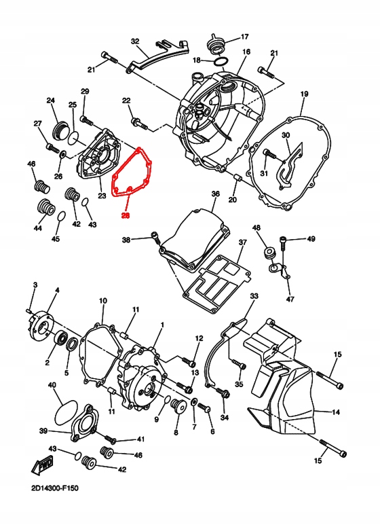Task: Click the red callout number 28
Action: (x=126, y=216)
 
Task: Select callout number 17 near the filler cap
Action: (x=245, y=37)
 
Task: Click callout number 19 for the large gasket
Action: (x=304, y=94)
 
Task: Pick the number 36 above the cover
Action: (x=215, y=194)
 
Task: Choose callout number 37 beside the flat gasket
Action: (x=242, y=242)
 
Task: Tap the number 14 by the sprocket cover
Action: (x=336, y=412)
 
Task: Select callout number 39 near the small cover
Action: (x=43, y=431)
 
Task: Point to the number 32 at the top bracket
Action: (x=134, y=41)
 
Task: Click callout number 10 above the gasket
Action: (x=103, y=300)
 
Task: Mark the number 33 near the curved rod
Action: (x=254, y=297)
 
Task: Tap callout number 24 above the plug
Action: (x=50, y=101)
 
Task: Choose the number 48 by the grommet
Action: (x=256, y=228)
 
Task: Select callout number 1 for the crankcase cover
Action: (x=162, y=326)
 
